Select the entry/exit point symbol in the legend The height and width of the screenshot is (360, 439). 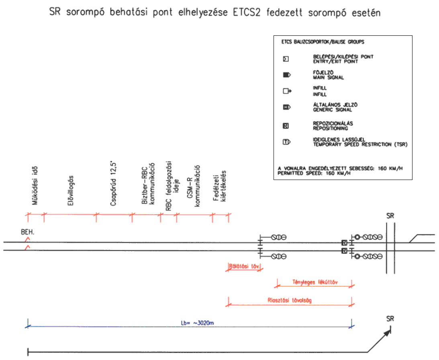[x=286, y=59]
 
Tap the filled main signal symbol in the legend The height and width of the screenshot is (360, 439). [x=287, y=75]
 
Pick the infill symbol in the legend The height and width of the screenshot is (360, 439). [x=287, y=91]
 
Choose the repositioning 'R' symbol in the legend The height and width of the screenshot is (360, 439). [x=286, y=126]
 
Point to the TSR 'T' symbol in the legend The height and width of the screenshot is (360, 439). [x=287, y=142]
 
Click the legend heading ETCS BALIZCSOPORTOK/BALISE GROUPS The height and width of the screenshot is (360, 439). [x=321, y=42]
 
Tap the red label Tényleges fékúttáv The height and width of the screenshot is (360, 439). [x=315, y=282]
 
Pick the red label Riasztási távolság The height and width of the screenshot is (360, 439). [x=290, y=300]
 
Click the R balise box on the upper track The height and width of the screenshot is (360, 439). [x=344, y=243]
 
